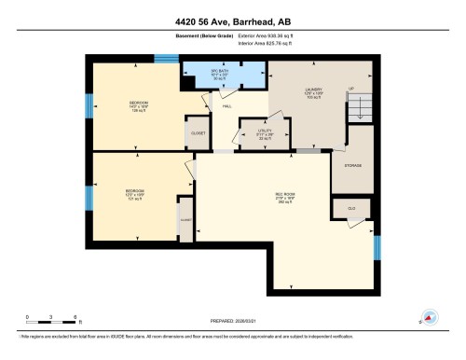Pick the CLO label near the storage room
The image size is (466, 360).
[x=351, y=207]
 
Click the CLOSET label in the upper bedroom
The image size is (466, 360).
[x=198, y=133]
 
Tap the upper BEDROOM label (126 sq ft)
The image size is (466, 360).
[x=138, y=105]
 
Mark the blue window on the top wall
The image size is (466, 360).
[x=166, y=59]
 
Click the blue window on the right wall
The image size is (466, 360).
[x=377, y=247]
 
